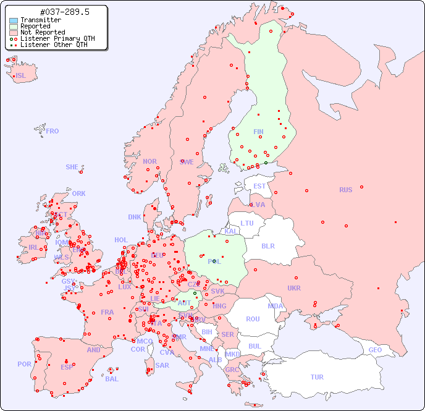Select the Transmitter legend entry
40,20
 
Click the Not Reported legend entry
42,33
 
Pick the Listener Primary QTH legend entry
57,38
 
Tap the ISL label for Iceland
21,76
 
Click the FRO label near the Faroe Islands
53,131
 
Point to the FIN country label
258,132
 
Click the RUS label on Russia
345,190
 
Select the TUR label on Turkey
317,377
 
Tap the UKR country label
294,288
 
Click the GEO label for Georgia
375,350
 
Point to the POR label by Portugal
24,364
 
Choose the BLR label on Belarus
268,245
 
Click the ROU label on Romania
253,319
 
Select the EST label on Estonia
259,186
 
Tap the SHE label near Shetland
72,167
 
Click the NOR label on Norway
149,161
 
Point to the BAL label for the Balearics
112,379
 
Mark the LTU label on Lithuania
247,223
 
